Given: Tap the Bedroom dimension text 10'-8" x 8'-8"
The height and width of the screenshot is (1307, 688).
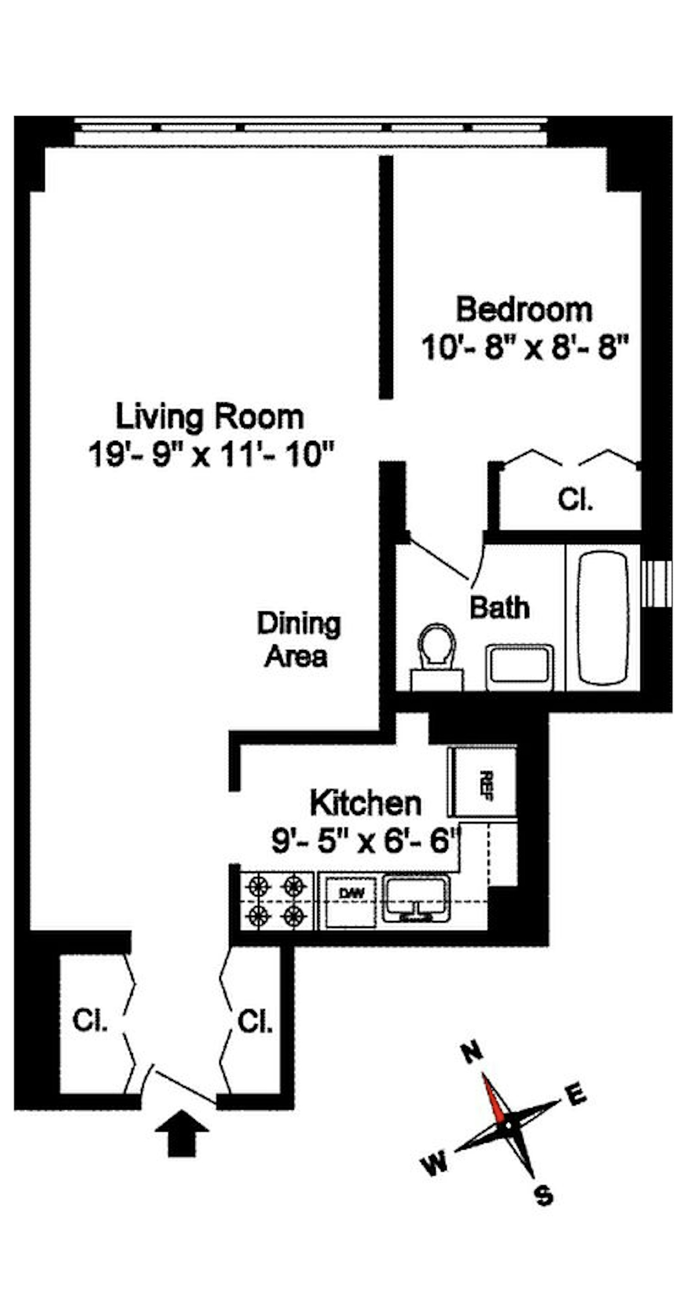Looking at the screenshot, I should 525,347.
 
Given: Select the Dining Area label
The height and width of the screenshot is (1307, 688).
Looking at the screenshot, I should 298,640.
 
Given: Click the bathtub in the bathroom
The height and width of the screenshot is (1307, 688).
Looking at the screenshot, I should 603,618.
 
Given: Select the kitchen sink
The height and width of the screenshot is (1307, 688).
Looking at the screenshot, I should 416,898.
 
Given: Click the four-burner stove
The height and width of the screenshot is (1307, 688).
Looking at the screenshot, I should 276,900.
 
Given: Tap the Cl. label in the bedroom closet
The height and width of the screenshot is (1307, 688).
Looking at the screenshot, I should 575,499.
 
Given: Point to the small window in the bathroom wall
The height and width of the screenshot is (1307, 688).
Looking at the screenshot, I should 657,583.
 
